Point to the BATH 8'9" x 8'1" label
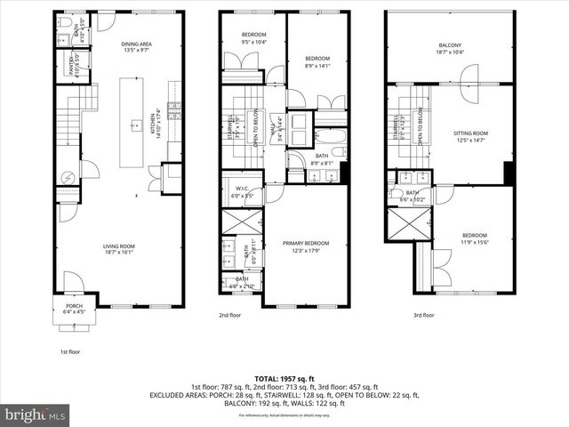point(322,158)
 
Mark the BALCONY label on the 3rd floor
point(450,49)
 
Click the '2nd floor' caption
point(229,315)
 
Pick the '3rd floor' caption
point(423,315)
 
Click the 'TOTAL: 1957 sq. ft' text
point(284,378)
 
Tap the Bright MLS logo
point(35,415)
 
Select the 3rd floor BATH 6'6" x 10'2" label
point(413,197)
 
